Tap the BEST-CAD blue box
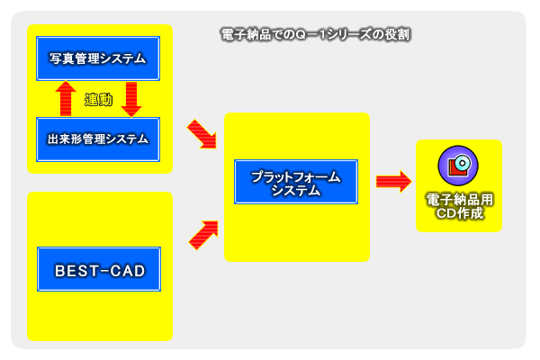(x=99, y=269)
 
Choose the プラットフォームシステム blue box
(x=295, y=183)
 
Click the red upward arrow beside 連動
(x=66, y=98)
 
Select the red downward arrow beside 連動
(x=132, y=98)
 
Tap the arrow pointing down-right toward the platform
(x=202, y=135)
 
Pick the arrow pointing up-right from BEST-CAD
(x=202, y=234)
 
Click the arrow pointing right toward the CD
(x=392, y=182)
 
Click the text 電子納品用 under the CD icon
(x=459, y=201)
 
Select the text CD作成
(x=459, y=214)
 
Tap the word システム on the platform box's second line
(x=295, y=191)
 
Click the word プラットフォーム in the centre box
(x=295, y=176)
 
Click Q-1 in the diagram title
(x=318, y=34)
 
